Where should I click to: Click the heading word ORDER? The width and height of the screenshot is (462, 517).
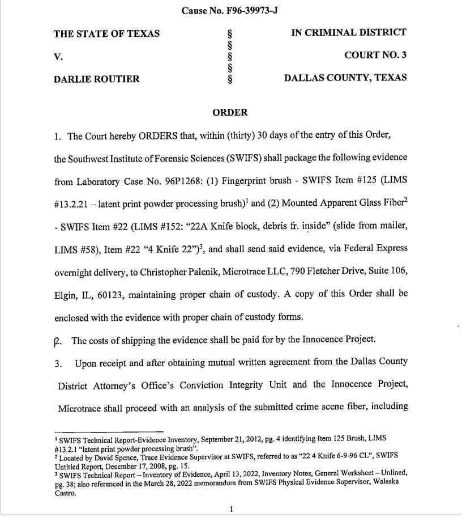click(230, 112)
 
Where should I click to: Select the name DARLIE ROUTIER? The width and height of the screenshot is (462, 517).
click(96, 79)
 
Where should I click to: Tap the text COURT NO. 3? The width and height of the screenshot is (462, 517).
click(375, 55)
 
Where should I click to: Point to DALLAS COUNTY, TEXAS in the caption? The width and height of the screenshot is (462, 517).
click(345, 78)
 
